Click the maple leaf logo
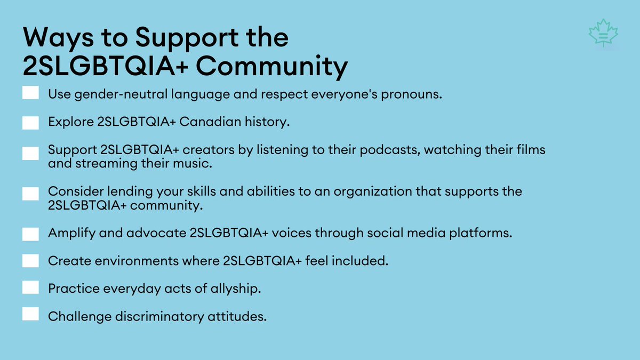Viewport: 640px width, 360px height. coord(603,34)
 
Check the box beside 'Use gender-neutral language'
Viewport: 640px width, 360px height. coord(31,94)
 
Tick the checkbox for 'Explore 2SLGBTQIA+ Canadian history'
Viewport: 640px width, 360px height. coord(31,122)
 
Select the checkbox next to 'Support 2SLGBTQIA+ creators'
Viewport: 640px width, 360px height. coord(31,154)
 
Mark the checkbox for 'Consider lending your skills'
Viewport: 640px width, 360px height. coord(31,194)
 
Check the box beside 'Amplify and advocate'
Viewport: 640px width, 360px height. coord(31,234)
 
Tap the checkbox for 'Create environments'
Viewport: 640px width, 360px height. coord(31,261)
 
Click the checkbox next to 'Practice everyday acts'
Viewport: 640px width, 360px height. coord(31,288)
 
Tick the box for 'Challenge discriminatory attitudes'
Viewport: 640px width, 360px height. coord(31,315)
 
